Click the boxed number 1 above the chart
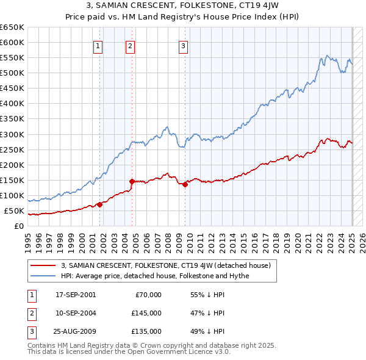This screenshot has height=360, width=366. [x=98, y=44]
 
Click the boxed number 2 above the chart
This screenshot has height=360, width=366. [x=131, y=44]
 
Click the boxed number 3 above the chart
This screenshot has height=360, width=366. [x=183, y=44]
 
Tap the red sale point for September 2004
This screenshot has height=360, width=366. [x=132, y=181]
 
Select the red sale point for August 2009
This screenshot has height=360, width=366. [x=185, y=184]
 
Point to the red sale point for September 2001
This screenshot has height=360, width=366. [x=99, y=204]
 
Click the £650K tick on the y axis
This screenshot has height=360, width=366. [x=12, y=27]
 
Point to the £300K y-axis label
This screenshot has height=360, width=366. [x=12, y=134]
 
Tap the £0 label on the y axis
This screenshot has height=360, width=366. [x=19, y=226]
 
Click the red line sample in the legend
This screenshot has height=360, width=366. [x=43, y=265]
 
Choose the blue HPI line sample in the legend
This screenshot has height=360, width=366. [x=43, y=276]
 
